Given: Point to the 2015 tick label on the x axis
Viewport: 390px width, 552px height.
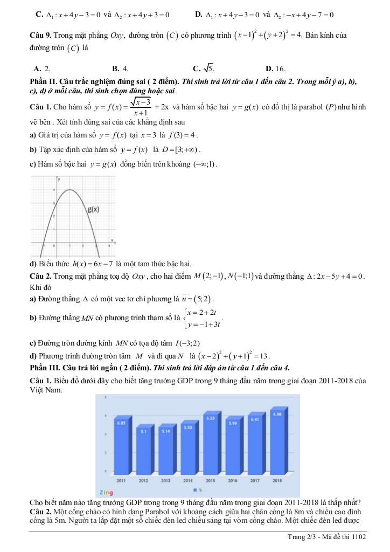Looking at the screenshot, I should point(211,480).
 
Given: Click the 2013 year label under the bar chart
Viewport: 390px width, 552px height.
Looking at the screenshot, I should point(166,480).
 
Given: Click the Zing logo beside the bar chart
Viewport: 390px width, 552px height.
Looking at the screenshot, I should point(106,492).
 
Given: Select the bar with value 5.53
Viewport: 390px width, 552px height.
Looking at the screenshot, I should point(188,447).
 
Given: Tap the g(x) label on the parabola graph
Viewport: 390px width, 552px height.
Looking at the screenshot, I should point(94,209).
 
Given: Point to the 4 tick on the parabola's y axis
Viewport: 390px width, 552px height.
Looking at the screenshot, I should point(53,190).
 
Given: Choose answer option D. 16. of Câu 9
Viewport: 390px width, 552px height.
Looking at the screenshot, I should point(275,68).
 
